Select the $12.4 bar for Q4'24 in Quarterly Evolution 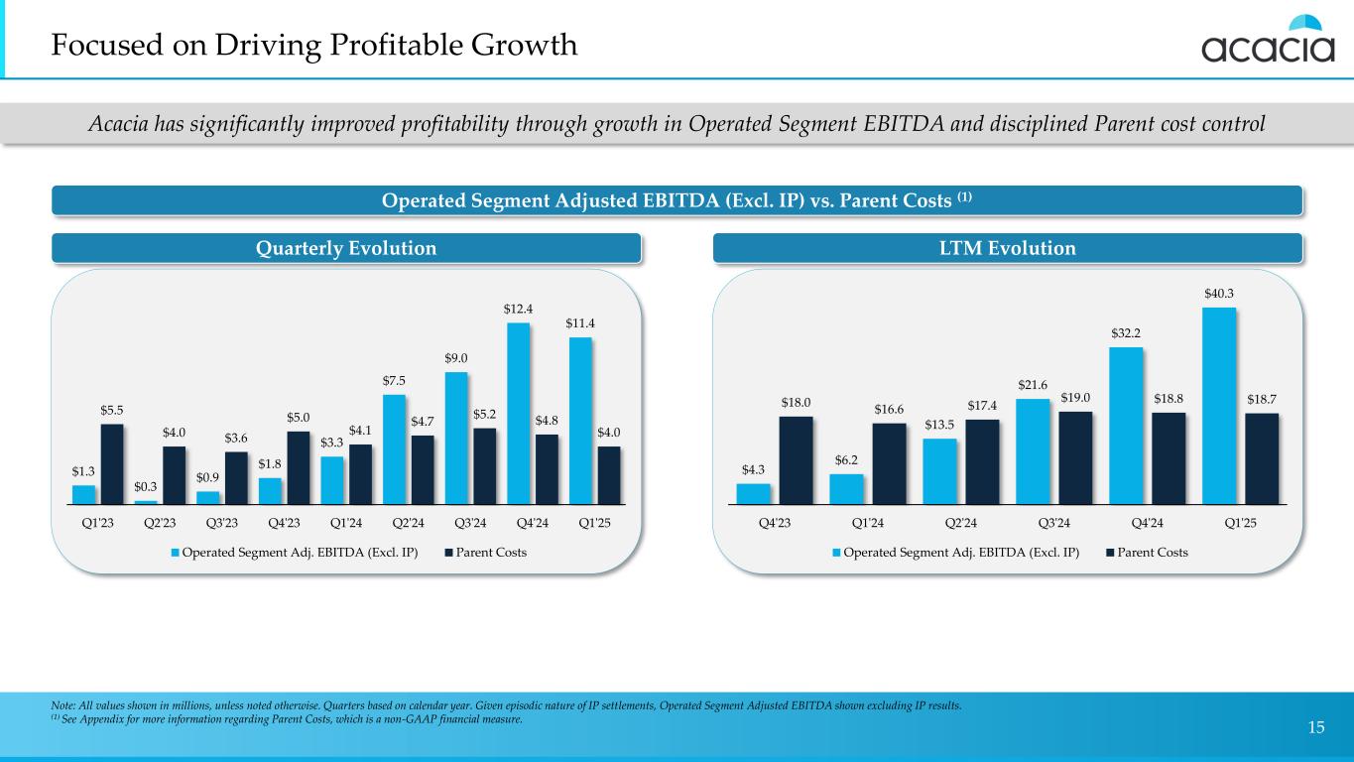[x=517, y=413]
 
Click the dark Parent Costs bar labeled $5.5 [x=112, y=463]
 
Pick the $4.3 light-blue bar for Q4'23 [x=753, y=493]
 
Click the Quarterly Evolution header [x=346, y=248]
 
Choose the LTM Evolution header [x=1007, y=248]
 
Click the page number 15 [x=1316, y=728]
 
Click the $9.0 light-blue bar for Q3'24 [x=455, y=438]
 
